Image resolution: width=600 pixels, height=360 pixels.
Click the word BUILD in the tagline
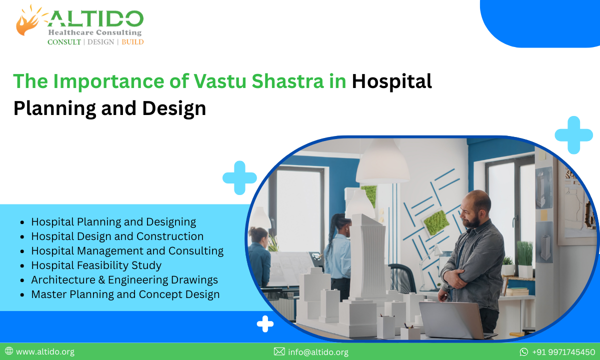pos(132,42)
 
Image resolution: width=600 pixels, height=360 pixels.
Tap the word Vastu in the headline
pos(220,81)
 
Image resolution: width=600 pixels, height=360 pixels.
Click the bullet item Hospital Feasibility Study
pos(96,265)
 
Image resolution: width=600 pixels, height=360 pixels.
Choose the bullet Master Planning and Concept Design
pos(125,294)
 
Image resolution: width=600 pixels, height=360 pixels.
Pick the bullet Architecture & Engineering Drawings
pos(124,279)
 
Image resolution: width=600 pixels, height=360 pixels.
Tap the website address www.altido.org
pos(45,352)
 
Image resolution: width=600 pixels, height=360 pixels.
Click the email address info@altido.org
pos(318,352)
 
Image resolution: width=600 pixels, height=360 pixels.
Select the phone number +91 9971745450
pos(563,352)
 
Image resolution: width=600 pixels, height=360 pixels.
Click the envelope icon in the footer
pos(279,352)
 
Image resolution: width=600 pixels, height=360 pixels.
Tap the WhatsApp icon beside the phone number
pos(524,352)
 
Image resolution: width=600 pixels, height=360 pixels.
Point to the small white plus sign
pos(265,324)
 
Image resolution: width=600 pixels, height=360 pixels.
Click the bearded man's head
pos(475,209)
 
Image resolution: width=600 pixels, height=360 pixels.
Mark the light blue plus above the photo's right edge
pos(573,134)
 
